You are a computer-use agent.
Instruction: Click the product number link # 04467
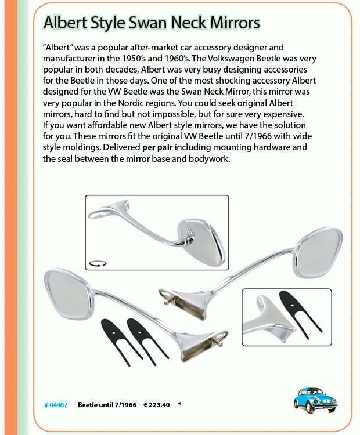(x=56, y=404)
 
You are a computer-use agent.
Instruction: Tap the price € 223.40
(x=156, y=404)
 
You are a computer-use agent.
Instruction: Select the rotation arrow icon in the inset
(x=98, y=263)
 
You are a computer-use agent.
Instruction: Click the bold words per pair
(x=160, y=147)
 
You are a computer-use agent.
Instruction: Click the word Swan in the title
(x=167, y=23)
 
